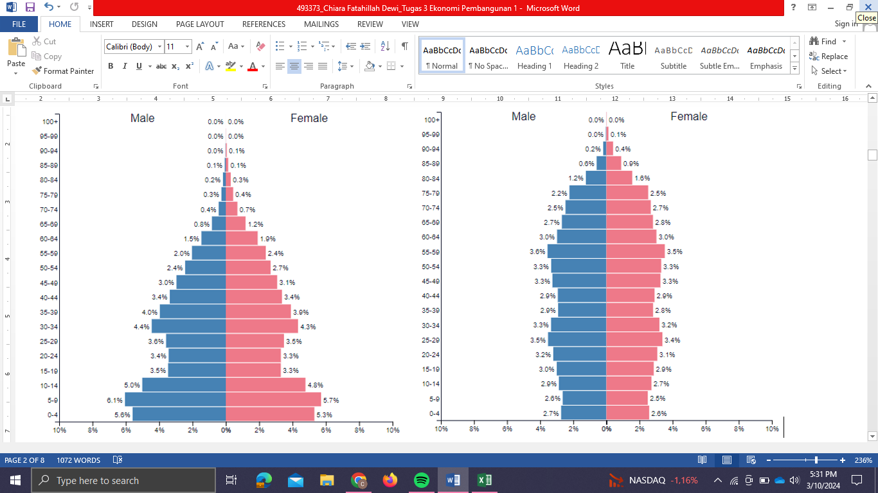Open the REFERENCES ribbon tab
264,24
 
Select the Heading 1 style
534,56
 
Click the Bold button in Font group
111,66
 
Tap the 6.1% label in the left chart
114,401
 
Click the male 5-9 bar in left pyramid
175,399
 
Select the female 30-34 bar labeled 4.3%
262,326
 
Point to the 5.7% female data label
331,401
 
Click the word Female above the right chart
688,116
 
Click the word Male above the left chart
142,118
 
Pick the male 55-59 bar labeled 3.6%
577,252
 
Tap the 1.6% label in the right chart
642,178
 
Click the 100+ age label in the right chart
431,120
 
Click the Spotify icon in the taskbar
422,480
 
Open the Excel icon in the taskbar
485,480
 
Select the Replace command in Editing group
829,56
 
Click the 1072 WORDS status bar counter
78,460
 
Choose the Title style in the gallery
627,56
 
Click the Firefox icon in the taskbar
390,480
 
